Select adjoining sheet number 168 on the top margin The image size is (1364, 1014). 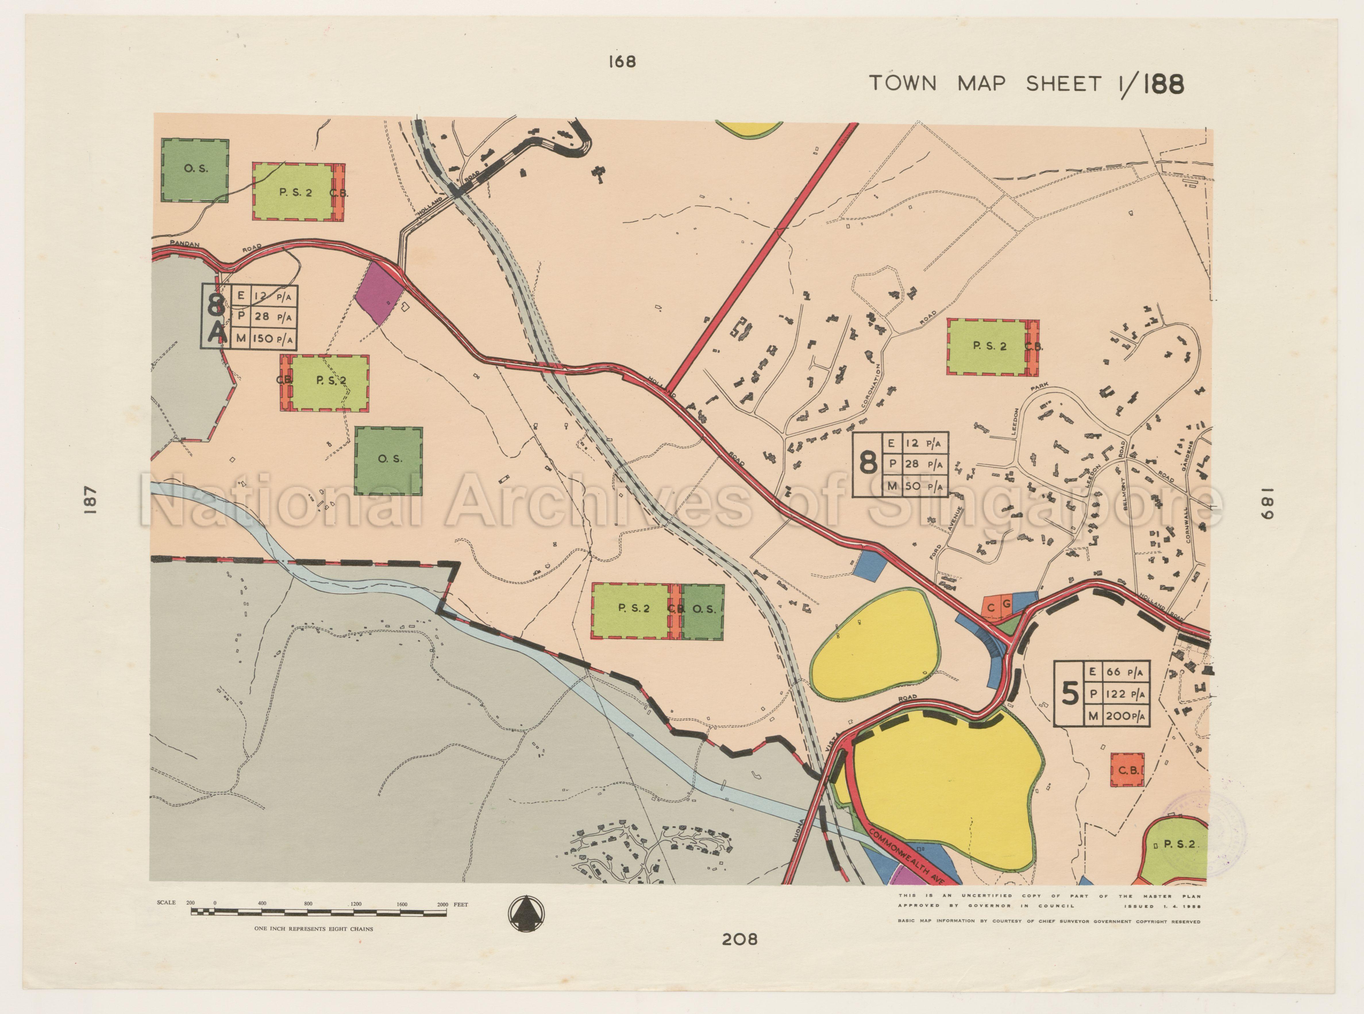pyautogui.click(x=622, y=62)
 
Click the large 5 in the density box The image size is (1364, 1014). pyautogui.click(x=1070, y=695)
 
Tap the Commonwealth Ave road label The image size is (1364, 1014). pyautogui.click(x=907, y=857)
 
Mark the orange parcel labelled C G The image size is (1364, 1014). pyautogui.click(x=998, y=606)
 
